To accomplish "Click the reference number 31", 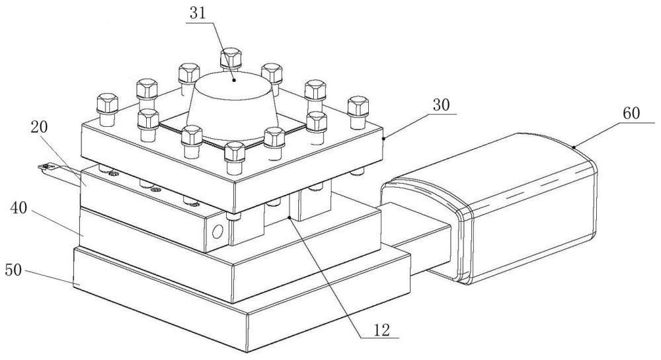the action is (x=197, y=13).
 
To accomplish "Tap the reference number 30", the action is (x=442, y=105).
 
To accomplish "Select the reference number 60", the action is (x=631, y=113).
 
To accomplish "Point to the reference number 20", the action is (x=39, y=127).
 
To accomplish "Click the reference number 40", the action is (x=19, y=208).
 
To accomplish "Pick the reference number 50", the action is (x=13, y=270).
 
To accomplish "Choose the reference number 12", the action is (x=382, y=329).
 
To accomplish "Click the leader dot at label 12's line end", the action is (x=289, y=217).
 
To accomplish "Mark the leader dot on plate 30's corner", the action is (x=383, y=137).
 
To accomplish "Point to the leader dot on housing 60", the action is (x=574, y=147).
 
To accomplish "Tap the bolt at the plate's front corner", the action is (x=235, y=157).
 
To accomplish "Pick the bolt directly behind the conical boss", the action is (x=231, y=59).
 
